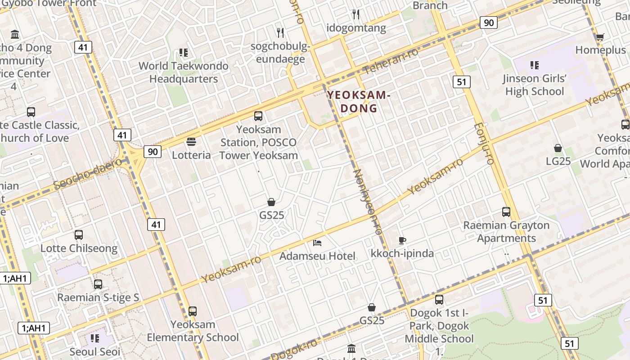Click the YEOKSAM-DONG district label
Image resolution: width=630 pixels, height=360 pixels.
click(x=357, y=102)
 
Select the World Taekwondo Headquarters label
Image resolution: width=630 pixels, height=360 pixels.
click(x=184, y=72)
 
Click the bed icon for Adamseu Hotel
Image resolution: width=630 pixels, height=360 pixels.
click(x=317, y=243)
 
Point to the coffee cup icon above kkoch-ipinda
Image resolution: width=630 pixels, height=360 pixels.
click(x=402, y=240)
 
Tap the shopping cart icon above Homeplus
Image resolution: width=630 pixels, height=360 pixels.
click(x=600, y=37)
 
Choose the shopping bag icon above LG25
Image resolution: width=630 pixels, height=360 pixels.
click(x=558, y=148)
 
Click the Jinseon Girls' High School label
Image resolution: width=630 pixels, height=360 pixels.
click(x=535, y=85)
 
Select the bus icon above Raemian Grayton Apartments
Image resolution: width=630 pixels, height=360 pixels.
click(x=506, y=212)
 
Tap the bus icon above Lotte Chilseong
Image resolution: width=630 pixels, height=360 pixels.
click(x=79, y=235)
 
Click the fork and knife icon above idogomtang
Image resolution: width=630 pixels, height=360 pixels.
click(x=356, y=14)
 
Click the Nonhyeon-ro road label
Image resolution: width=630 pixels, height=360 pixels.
click(x=367, y=201)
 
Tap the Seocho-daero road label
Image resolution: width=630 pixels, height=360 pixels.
click(x=87, y=173)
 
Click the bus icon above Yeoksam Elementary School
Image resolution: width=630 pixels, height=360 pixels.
click(x=193, y=311)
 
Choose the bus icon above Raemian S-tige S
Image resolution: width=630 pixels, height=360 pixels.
click(x=98, y=284)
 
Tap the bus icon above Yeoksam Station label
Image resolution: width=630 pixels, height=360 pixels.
click(x=258, y=116)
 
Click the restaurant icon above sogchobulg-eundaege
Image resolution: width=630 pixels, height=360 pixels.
click(x=280, y=32)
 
